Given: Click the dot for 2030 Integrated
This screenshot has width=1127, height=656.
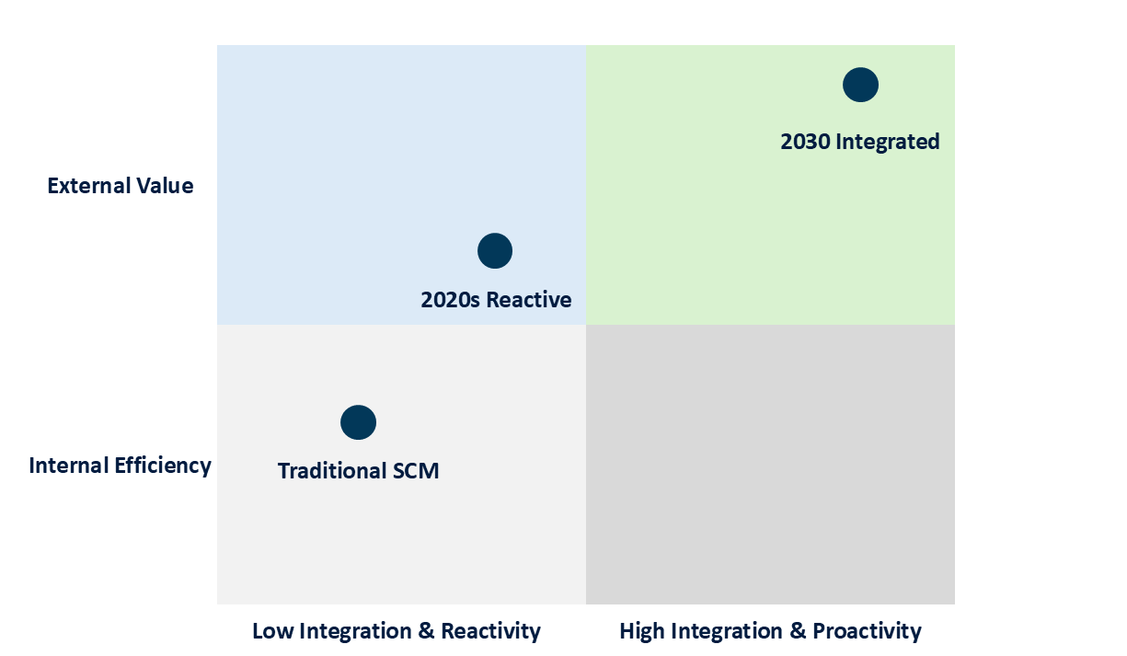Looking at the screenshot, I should [860, 85].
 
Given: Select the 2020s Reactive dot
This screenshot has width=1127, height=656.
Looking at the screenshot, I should [495, 250].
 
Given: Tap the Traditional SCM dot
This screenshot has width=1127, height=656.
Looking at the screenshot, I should [358, 422].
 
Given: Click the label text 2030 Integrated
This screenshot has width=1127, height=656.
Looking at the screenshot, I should [860, 142].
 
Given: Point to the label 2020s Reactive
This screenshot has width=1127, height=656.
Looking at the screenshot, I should [496, 300].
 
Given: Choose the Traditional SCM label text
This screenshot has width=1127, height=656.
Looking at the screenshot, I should [358, 471].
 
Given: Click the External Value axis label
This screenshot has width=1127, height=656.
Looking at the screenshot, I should [121, 186].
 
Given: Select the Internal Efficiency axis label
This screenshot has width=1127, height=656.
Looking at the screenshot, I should [121, 466].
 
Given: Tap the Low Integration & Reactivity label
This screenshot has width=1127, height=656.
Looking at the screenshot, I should [397, 631].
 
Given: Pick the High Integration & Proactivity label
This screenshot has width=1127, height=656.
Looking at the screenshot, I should [770, 631].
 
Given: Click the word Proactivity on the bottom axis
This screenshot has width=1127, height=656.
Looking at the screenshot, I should [867, 631].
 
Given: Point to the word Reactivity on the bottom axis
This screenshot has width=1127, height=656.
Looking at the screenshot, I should [490, 631].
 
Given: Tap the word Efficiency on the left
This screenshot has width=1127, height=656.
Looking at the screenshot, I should [163, 466].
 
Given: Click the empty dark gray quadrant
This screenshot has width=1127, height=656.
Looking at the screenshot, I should [770, 464].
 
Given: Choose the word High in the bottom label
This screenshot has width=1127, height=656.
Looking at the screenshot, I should [640, 631].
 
